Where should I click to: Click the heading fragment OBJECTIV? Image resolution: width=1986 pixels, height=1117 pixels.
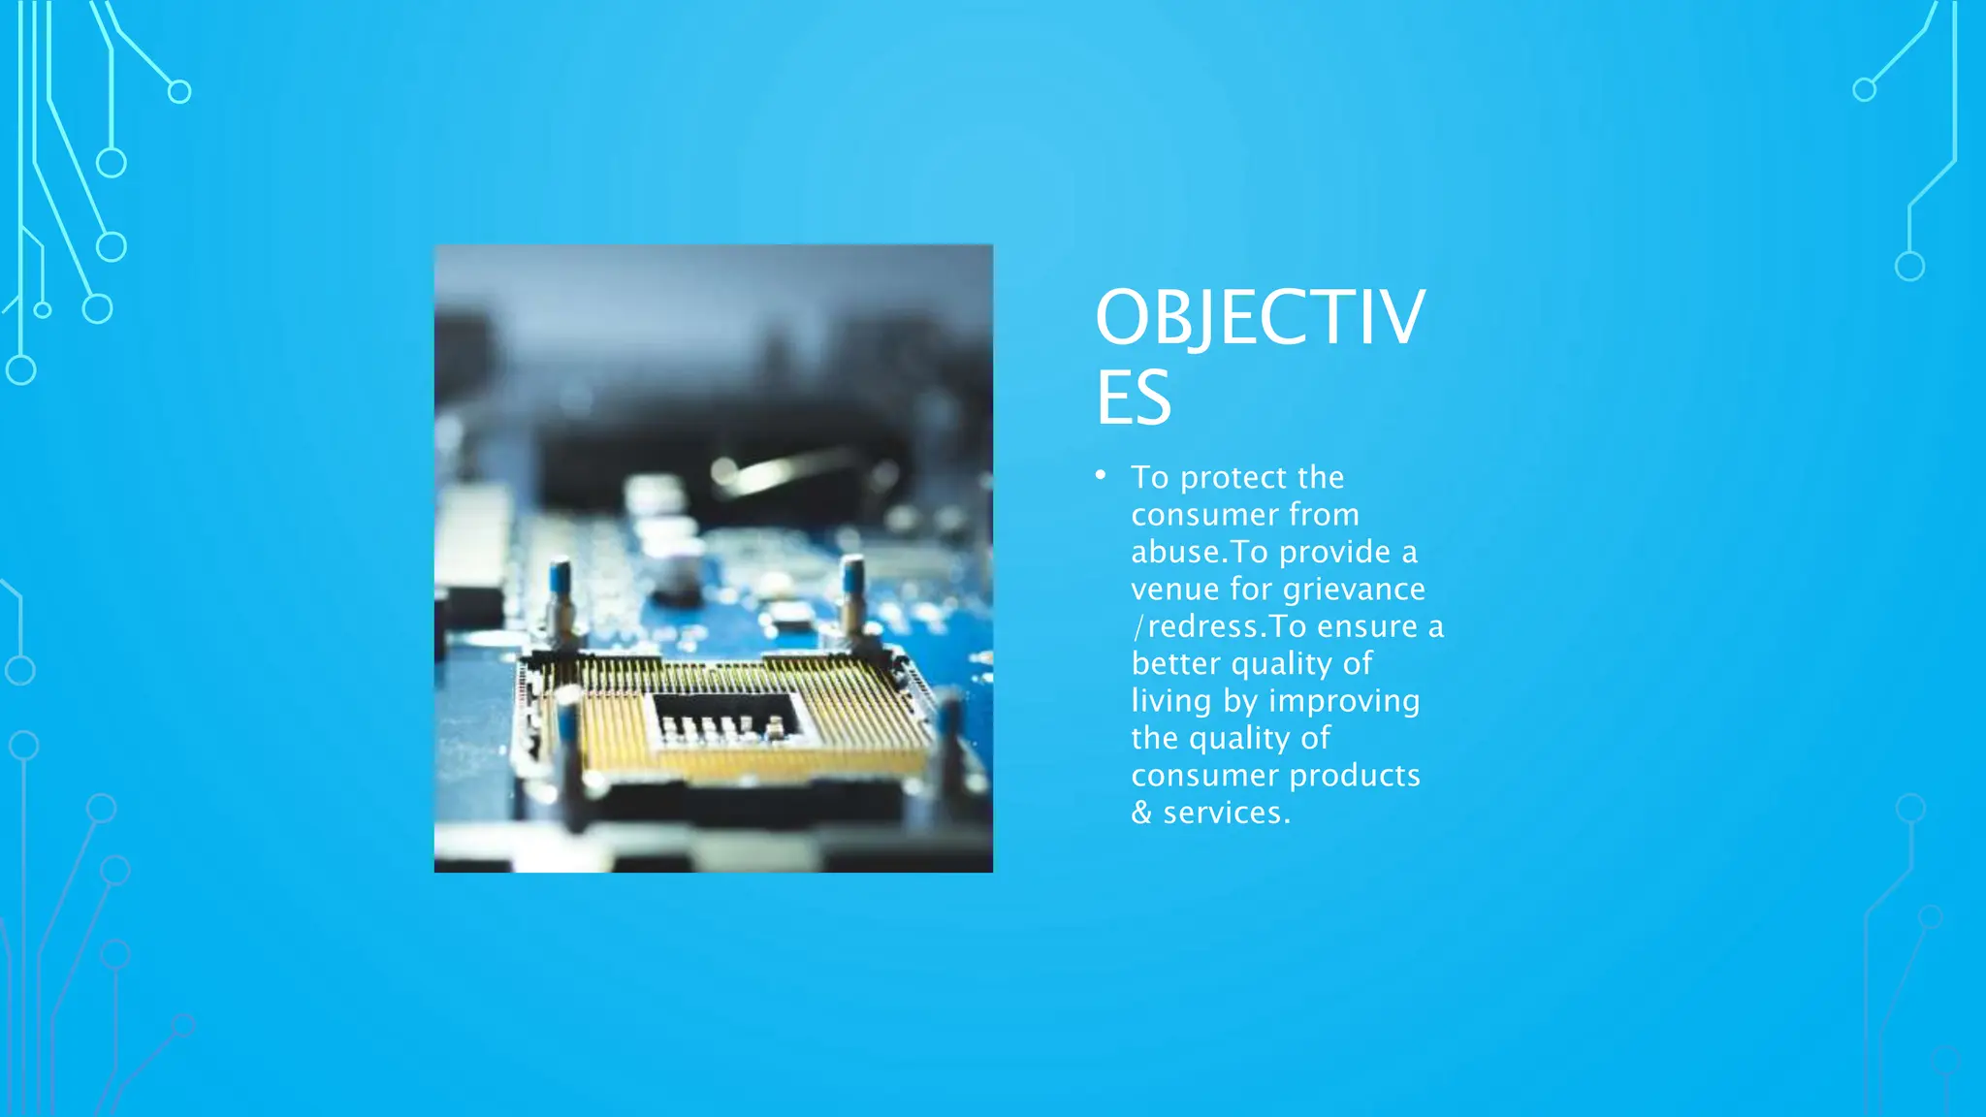1259,317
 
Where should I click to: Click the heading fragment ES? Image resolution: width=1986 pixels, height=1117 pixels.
1133,397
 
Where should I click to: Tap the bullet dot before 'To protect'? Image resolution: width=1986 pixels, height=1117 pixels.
1101,474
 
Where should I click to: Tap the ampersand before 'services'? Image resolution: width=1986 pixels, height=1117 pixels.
1141,813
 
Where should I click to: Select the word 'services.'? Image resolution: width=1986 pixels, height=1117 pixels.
1227,813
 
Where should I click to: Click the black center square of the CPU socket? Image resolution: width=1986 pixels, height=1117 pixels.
723,718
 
